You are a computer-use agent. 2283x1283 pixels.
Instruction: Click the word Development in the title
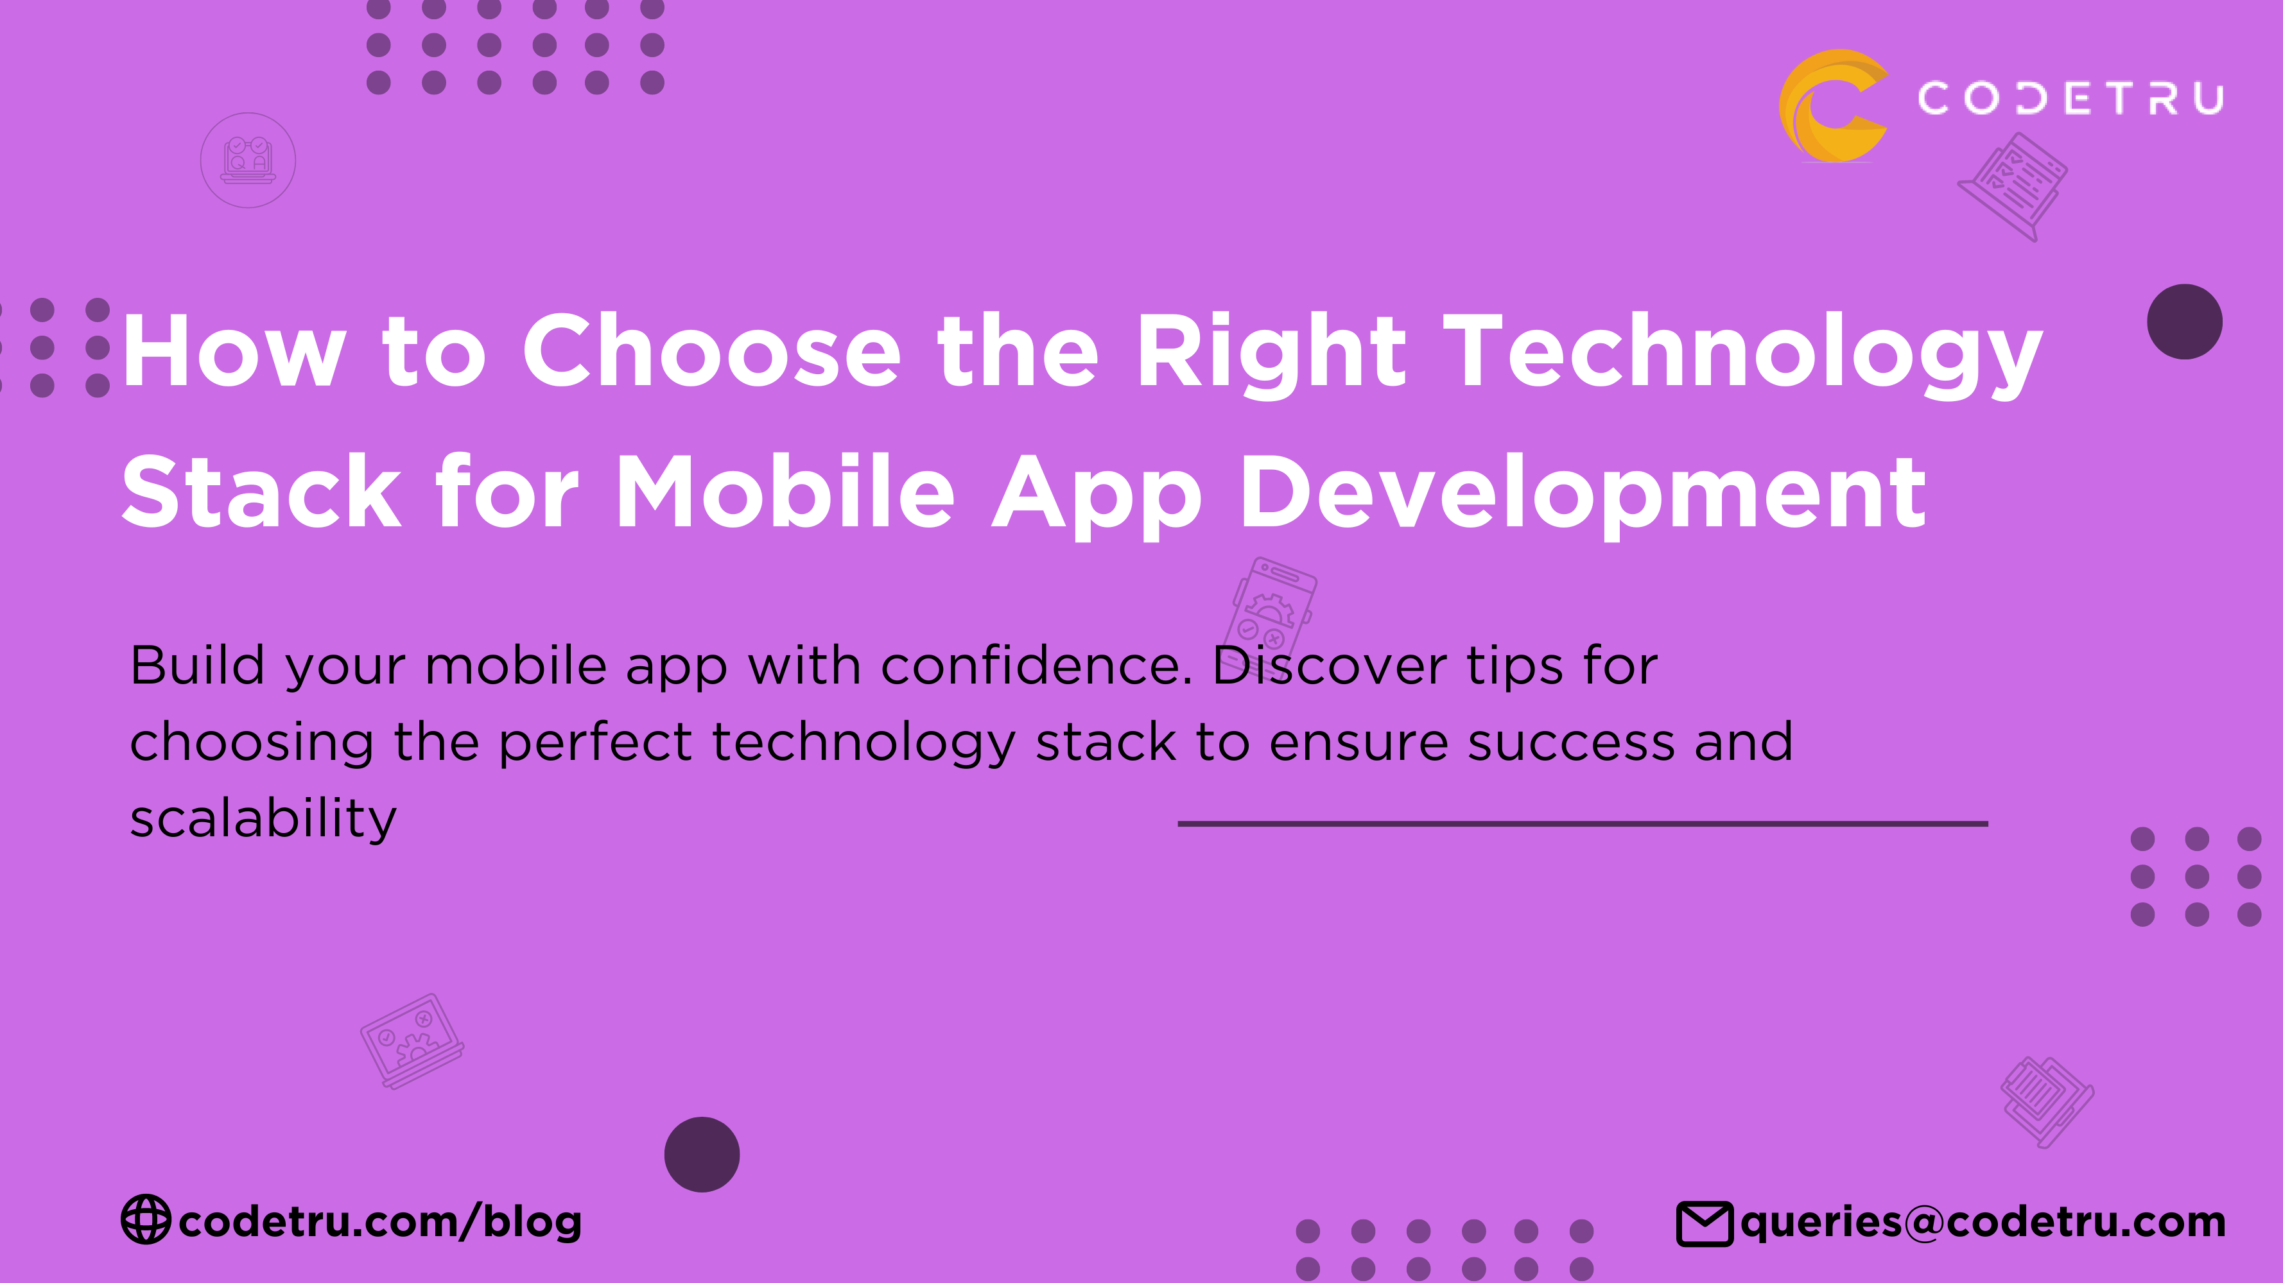[x=1583, y=494]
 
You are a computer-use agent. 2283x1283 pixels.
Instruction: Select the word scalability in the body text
[x=263, y=819]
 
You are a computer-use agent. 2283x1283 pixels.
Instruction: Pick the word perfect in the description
[x=595, y=743]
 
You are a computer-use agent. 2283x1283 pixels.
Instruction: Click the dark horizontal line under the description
[x=1582, y=824]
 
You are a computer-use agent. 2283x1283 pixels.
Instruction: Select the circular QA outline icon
[x=248, y=160]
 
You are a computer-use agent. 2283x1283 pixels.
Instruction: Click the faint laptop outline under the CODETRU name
[x=2013, y=185]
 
